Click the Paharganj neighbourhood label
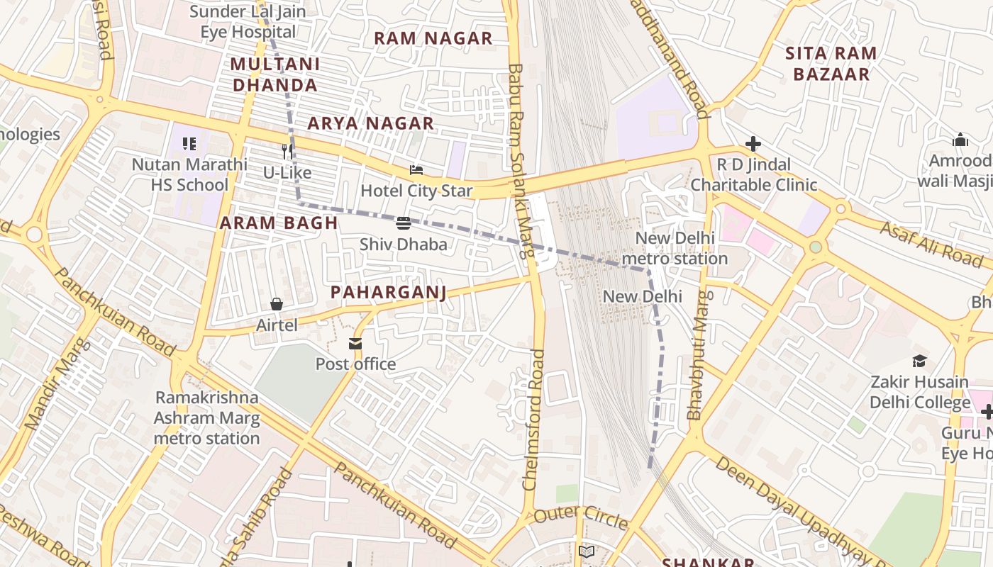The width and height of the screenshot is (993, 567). click(388, 293)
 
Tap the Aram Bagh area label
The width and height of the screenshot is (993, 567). click(279, 223)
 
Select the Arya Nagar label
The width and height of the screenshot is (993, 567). click(370, 123)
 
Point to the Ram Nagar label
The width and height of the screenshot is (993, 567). click(433, 38)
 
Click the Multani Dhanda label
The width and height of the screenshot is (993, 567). click(274, 74)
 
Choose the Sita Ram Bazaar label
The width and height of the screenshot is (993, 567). click(831, 64)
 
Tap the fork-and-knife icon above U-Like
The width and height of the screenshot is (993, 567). click(287, 151)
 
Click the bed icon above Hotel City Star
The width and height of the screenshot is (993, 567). click(416, 170)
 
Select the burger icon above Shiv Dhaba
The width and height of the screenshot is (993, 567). click(404, 223)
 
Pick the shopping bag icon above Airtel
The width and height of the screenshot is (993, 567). click(277, 304)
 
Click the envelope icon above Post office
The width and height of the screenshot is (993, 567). click(355, 344)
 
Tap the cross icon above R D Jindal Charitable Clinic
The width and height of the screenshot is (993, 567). click(753, 145)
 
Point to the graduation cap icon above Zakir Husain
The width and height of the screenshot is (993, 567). click(919, 361)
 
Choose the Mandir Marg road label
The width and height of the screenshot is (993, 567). click(58, 385)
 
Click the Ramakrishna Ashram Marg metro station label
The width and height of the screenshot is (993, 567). click(207, 417)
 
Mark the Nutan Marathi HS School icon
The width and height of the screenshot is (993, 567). click(189, 144)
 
